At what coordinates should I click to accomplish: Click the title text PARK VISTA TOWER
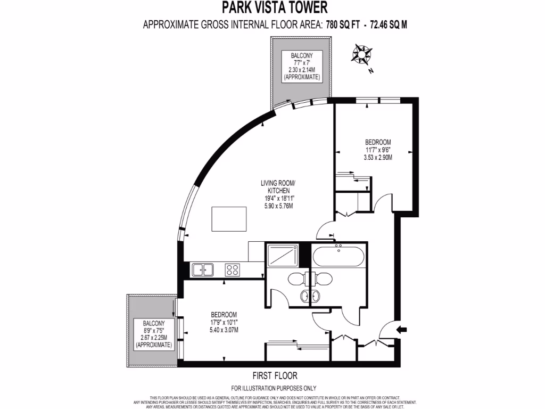coord(274,7)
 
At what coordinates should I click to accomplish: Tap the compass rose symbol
coord(362,54)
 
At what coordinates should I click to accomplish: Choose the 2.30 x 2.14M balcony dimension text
coord(302,70)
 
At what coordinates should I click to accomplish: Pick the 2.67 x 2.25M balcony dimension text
coord(154,338)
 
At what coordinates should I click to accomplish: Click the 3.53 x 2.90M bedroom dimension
coord(378,158)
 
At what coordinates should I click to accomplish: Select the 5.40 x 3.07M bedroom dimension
coord(224,330)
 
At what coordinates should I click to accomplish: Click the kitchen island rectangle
coord(229,219)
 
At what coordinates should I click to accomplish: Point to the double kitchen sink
coord(202,270)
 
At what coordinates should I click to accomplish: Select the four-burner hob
coord(233,270)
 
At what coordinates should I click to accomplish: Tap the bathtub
coord(338,257)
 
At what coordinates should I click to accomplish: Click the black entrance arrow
coord(402,330)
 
